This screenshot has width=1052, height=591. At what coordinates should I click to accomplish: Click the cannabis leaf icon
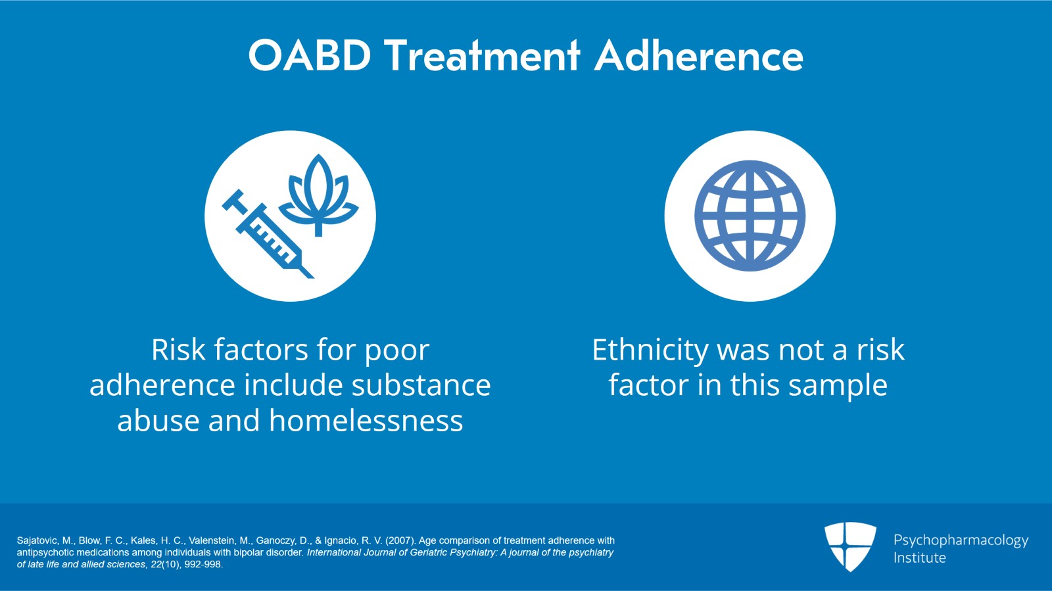(x=319, y=194)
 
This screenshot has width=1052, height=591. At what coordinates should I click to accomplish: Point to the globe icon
(x=750, y=216)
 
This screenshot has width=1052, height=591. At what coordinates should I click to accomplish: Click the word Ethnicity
(x=650, y=350)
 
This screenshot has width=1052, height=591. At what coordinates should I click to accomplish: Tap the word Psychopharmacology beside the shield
(x=960, y=540)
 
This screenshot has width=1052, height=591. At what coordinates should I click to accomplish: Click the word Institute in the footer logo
(x=919, y=557)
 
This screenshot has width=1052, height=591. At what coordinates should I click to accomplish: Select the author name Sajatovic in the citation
(x=37, y=540)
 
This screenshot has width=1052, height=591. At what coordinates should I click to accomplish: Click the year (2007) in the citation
(x=400, y=540)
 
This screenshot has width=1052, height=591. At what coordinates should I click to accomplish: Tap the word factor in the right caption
(x=648, y=385)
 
